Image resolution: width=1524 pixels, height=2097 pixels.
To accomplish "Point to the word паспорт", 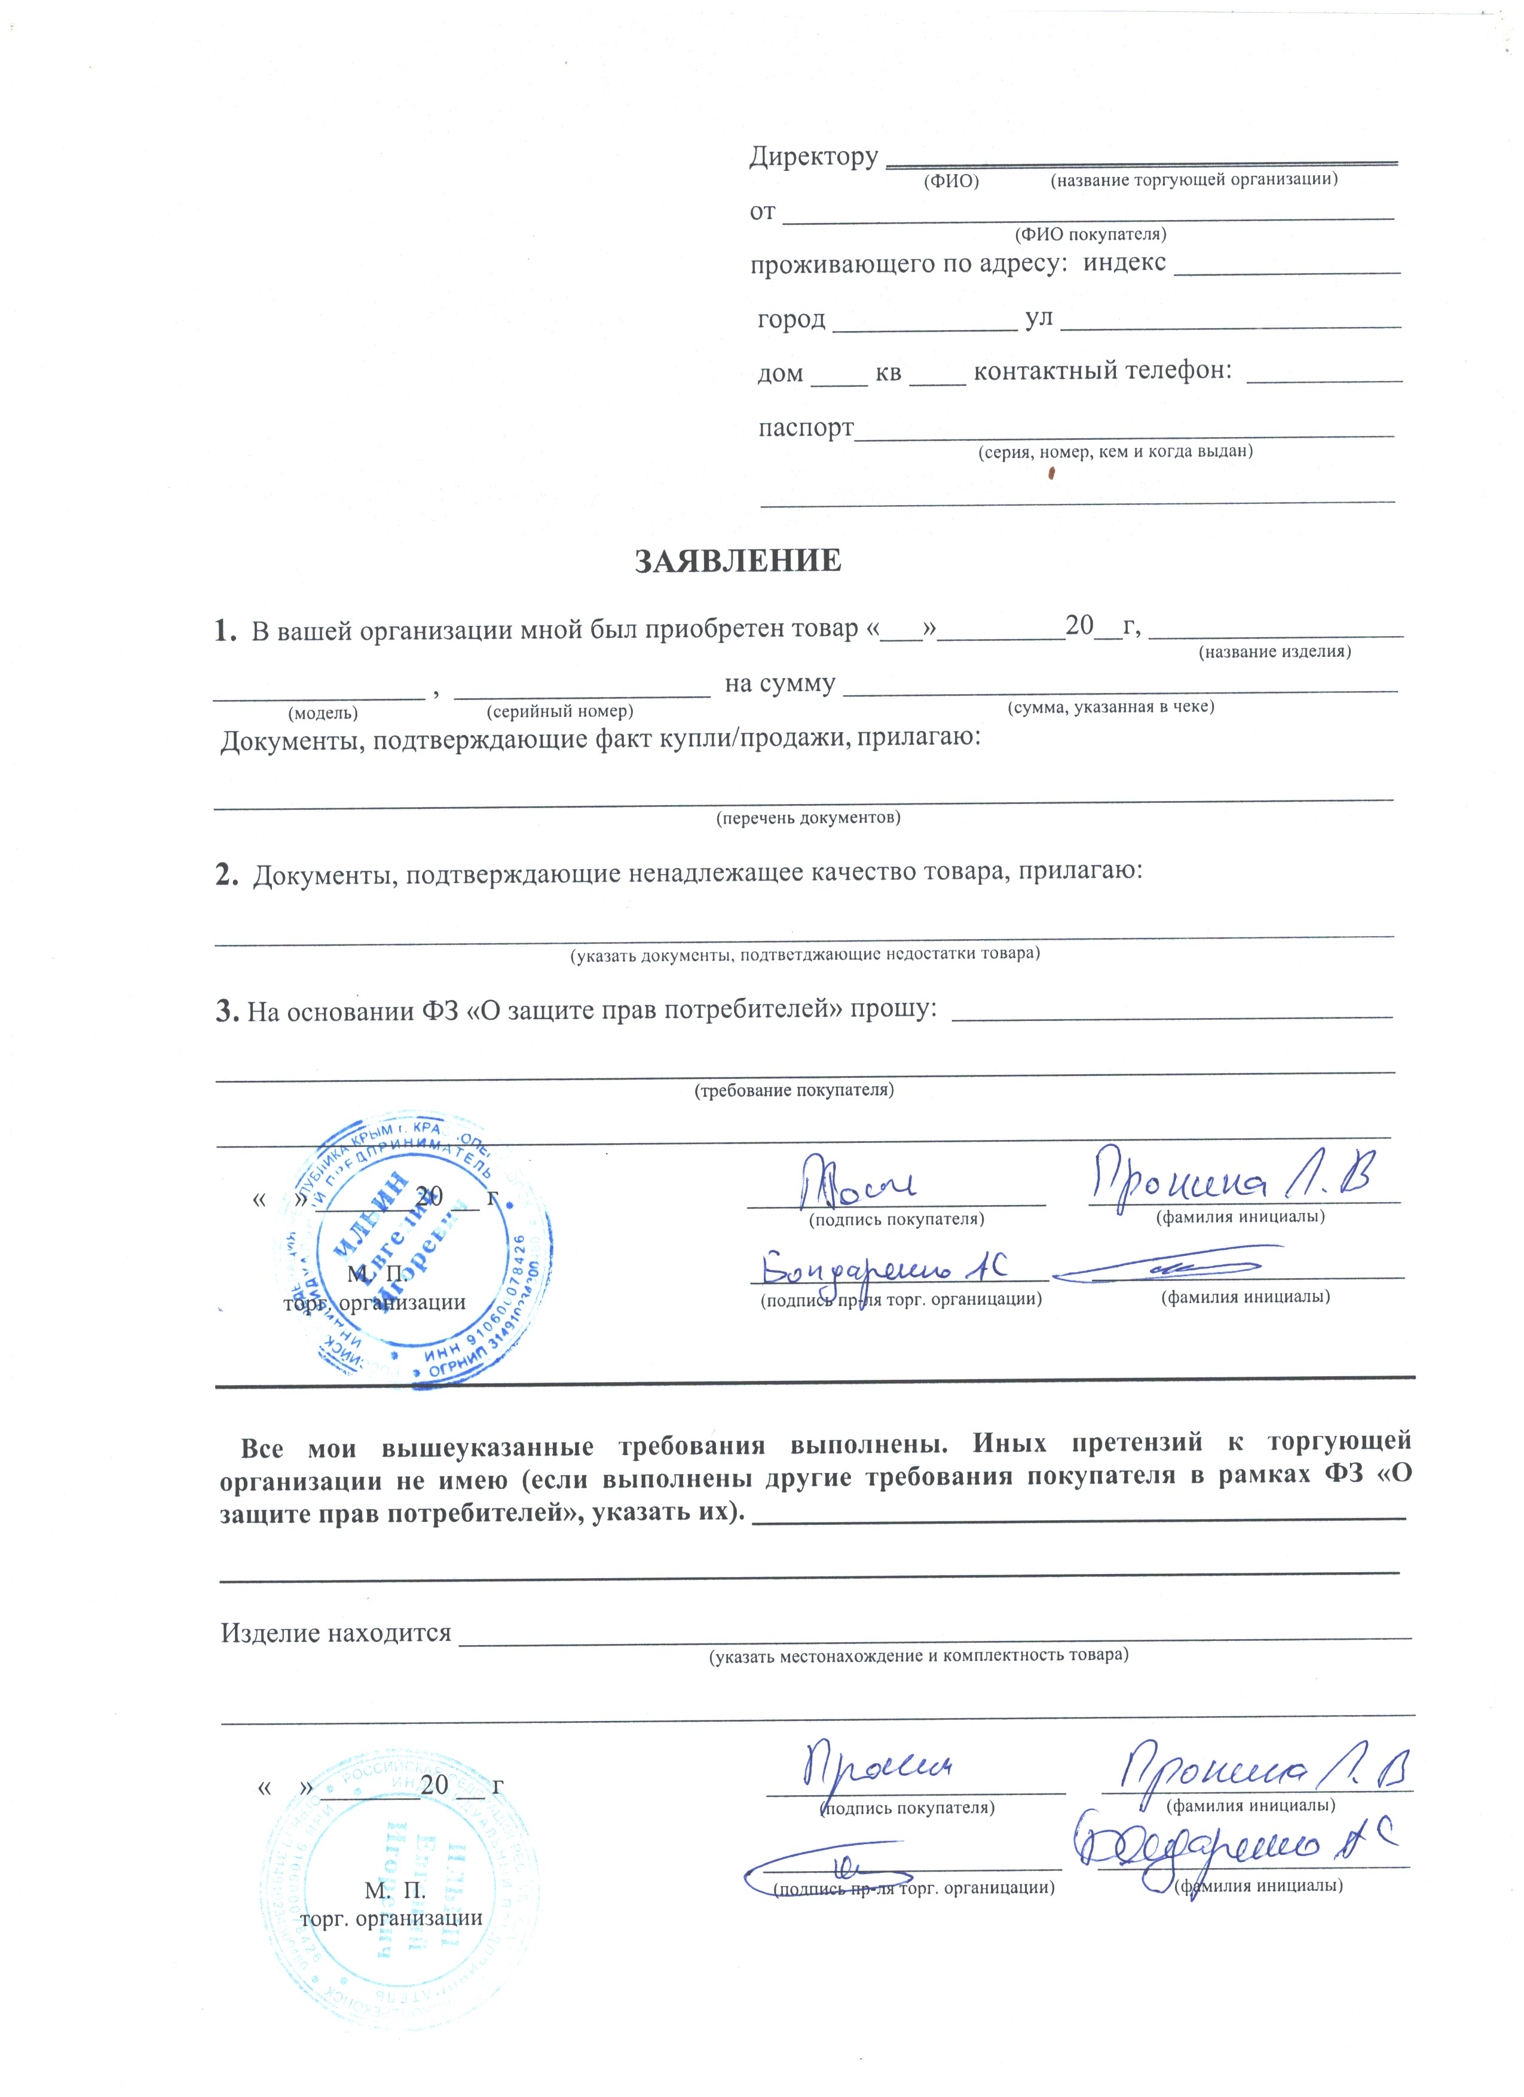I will (805, 428).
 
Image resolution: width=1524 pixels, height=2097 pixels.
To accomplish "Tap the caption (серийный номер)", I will (559, 712).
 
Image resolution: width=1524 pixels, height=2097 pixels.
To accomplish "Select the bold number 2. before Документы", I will (227, 874).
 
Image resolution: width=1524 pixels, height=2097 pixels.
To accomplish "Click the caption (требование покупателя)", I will (794, 1090).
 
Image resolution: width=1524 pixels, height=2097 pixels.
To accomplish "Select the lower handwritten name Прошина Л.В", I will (1262, 1769).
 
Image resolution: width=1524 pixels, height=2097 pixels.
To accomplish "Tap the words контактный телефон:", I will (1103, 371).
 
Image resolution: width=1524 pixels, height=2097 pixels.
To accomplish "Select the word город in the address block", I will (791, 320).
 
